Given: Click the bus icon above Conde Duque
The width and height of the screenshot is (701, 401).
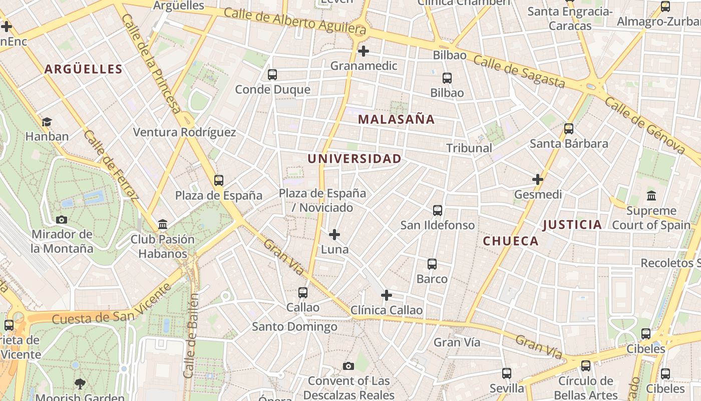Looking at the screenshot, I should (x=272, y=75).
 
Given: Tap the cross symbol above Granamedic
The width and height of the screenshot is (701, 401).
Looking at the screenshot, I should (x=364, y=51).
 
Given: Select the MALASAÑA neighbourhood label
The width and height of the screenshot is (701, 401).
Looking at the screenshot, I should (x=397, y=119).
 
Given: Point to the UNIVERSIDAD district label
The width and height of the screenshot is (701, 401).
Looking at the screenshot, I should (x=355, y=159).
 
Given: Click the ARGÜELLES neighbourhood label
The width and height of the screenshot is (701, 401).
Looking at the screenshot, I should (x=83, y=69).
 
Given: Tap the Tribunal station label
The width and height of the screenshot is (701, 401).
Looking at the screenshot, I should (x=469, y=148).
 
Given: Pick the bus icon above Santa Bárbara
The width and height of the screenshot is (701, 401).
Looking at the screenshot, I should (x=569, y=129).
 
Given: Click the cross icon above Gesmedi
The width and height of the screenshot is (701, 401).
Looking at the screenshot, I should (x=538, y=179).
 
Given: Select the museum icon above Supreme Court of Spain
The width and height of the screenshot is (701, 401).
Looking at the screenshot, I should (x=651, y=195).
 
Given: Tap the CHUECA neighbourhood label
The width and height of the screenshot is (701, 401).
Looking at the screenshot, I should (x=511, y=241).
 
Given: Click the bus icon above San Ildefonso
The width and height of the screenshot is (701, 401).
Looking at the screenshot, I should (x=438, y=211).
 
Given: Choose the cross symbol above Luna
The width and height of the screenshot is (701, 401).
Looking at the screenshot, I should (x=334, y=234).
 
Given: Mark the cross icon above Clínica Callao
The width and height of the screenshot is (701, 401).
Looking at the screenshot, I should (x=386, y=295).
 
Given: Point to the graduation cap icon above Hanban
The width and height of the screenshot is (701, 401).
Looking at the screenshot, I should (x=47, y=121).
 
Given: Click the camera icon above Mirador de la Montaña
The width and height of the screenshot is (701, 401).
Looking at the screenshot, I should (x=62, y=220).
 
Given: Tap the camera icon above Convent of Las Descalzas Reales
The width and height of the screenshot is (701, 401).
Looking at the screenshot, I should (x=348, y=366).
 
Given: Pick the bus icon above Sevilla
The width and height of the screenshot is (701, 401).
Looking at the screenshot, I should (x=507, y=373).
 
